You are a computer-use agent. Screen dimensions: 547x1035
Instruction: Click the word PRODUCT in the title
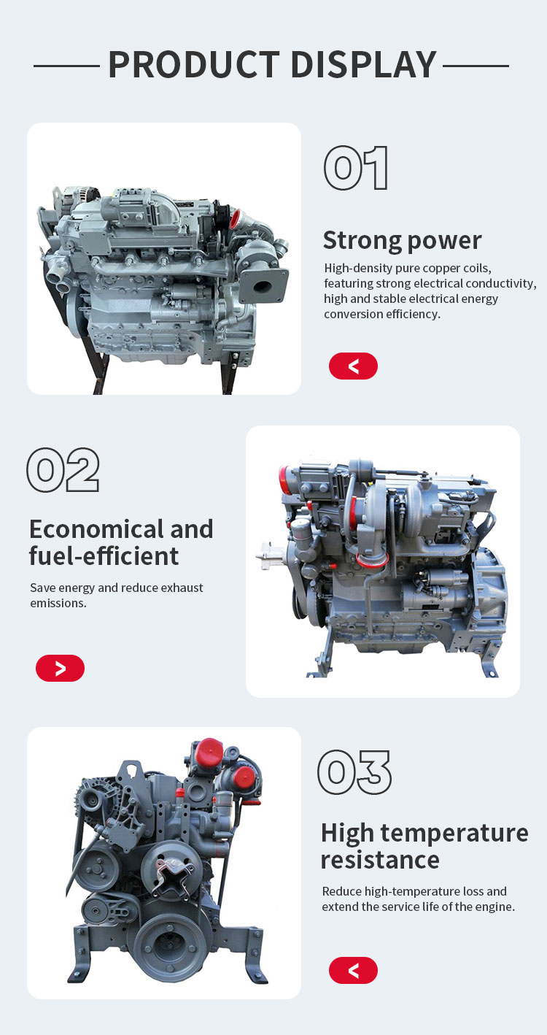pos(194,64)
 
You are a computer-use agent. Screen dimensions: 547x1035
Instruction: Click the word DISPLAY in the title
pos(363,64)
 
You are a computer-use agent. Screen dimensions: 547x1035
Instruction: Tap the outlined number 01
pos(355,168)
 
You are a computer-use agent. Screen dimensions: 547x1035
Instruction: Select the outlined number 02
pos(63,469)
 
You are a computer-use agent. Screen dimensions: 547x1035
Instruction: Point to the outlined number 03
pos(354,772)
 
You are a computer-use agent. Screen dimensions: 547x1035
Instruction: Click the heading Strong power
pos(402,240)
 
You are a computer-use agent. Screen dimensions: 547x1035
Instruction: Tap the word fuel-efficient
pos(104,555)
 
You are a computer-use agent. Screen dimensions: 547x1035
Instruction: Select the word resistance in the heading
pos(380,859)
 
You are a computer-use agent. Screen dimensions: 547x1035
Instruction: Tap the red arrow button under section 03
pos(353,970)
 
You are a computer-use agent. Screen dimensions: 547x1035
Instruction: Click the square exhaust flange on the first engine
pos(263,286)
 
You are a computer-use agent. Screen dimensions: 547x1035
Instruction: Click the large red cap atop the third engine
pos(209,752)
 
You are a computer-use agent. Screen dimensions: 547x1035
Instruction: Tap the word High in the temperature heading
pos(347,833)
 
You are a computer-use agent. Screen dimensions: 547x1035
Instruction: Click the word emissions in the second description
pos(58,603)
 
